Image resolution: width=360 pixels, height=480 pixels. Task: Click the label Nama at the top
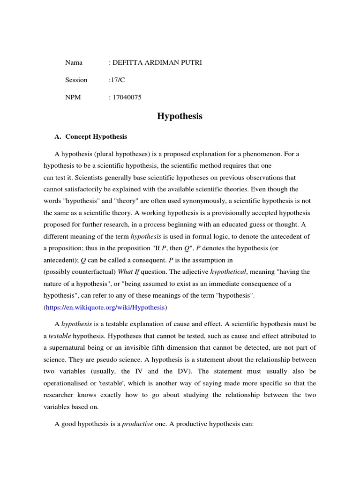[74, 62]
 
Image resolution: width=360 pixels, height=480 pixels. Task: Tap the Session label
[76, 80]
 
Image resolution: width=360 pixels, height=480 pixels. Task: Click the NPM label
[73, 97]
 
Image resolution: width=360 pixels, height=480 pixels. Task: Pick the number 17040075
[126, 97]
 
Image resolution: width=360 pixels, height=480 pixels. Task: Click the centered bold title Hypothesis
[180, 116]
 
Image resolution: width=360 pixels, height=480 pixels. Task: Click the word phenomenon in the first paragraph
[257, 154]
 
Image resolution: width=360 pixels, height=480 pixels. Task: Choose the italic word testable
[60, 336]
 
